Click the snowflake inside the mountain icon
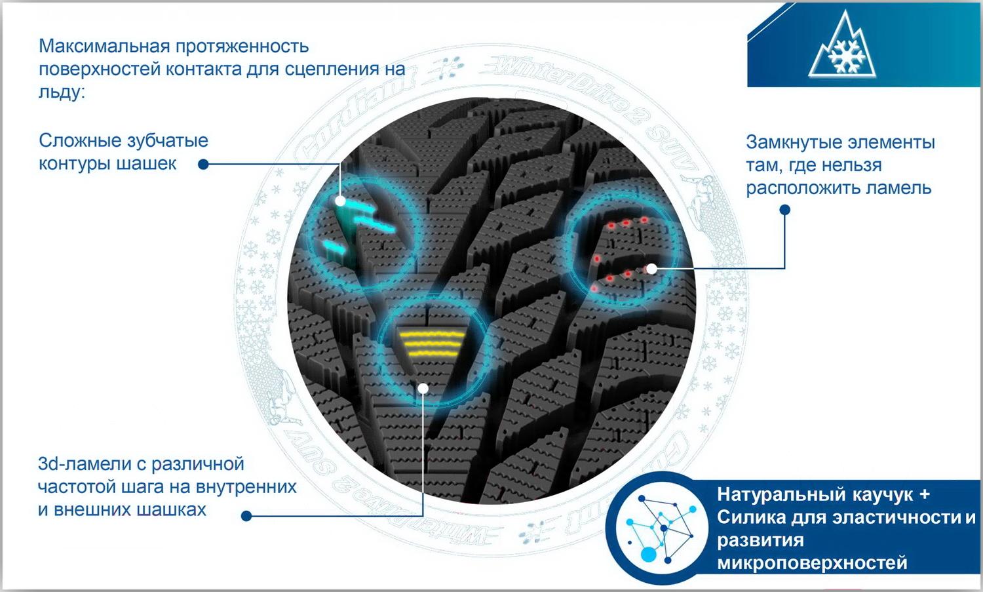pos(847,56)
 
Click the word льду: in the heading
pos(62,92)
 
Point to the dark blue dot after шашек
pos(203,165)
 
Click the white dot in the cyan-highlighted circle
pos(340,201)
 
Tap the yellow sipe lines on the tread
pos(432,344)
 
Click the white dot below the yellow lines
pos(423,389)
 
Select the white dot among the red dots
pos(651,269)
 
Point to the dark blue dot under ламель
pos(784,210)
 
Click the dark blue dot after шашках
pos(246,516)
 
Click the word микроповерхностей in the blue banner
pos(812,563)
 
